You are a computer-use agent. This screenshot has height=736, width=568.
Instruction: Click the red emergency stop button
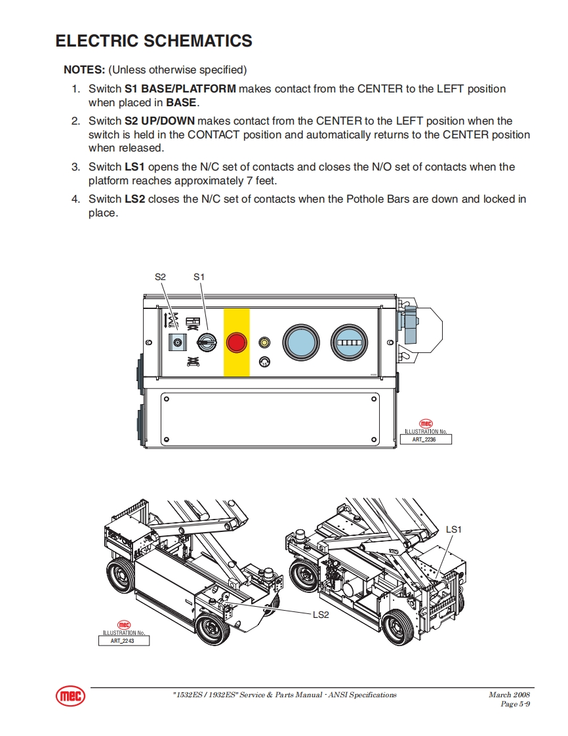point(236,342)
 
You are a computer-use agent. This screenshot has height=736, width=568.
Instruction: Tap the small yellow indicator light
point(265,342)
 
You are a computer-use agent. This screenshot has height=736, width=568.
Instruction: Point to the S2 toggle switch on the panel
point(176,342)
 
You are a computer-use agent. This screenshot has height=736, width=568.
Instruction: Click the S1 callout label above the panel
point(199,277)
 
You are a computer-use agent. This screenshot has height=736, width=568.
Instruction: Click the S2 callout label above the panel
point(160,277)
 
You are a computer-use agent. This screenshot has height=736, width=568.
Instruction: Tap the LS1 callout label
point(454,529)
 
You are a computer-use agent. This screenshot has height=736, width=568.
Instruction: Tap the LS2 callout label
point(320,615)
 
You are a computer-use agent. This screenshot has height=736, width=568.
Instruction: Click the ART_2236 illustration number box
point(426,440)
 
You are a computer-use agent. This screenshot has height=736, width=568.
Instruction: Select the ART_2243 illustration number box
point(124,641)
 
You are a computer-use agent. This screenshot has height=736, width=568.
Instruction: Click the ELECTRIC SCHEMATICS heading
point(153,41)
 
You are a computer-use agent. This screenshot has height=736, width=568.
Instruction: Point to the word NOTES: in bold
point(84,70)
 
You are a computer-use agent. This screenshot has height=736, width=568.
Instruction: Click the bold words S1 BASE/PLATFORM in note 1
point(180,89)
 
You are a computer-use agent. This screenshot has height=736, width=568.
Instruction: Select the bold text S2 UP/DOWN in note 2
point(159,121)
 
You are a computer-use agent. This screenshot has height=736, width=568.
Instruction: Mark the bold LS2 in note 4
point(134,199)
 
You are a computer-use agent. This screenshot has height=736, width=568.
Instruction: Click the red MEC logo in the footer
point(70,697)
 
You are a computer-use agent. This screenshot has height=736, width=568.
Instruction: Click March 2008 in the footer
point(509,695)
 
